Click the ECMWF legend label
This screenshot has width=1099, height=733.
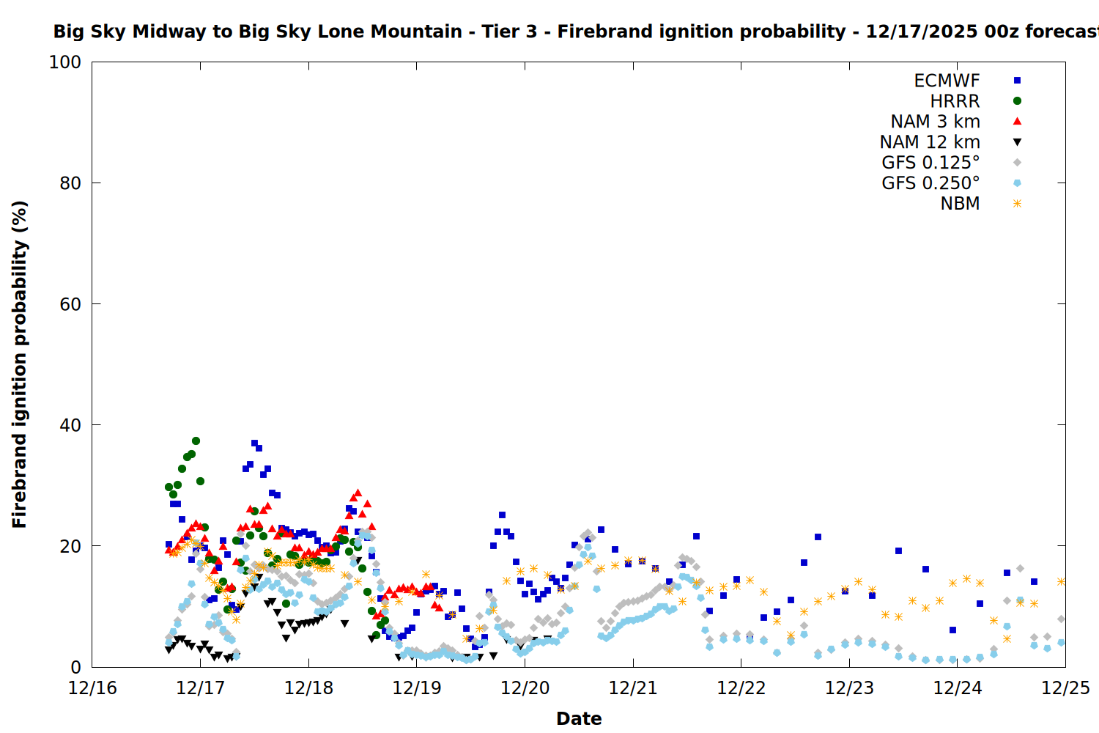(x=947, y=81)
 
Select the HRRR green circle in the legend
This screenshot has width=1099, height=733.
(x=1017, y=101)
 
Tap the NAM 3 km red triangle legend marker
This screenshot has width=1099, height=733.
(x=1017, y=122)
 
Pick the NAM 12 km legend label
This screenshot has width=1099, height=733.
(x=930, y=142)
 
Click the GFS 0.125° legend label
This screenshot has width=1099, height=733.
(x=930, y=163)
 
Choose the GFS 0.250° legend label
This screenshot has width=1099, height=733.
(x=930, y=183)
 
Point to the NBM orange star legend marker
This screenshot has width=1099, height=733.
(x=1017, y=204)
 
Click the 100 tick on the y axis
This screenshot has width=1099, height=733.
(x=65, y=62)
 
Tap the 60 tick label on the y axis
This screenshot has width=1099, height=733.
(x=70, y=304)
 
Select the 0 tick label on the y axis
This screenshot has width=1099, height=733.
(x=76, y=667)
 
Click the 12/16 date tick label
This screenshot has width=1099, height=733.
(x=92, y=688)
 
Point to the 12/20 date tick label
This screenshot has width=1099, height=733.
(x=525, y=688)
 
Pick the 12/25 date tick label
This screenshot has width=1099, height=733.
(x=1065, y=688)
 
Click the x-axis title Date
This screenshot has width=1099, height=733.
(x=579, y=718)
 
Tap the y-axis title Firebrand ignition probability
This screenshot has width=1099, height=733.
(x=20, y=364)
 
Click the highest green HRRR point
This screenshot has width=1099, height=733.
(x=196, y=441)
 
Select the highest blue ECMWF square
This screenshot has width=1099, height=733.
(x=254, y=443)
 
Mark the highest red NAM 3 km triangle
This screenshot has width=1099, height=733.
(x=358, y=493)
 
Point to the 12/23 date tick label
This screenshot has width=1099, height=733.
(x=849, y=688)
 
